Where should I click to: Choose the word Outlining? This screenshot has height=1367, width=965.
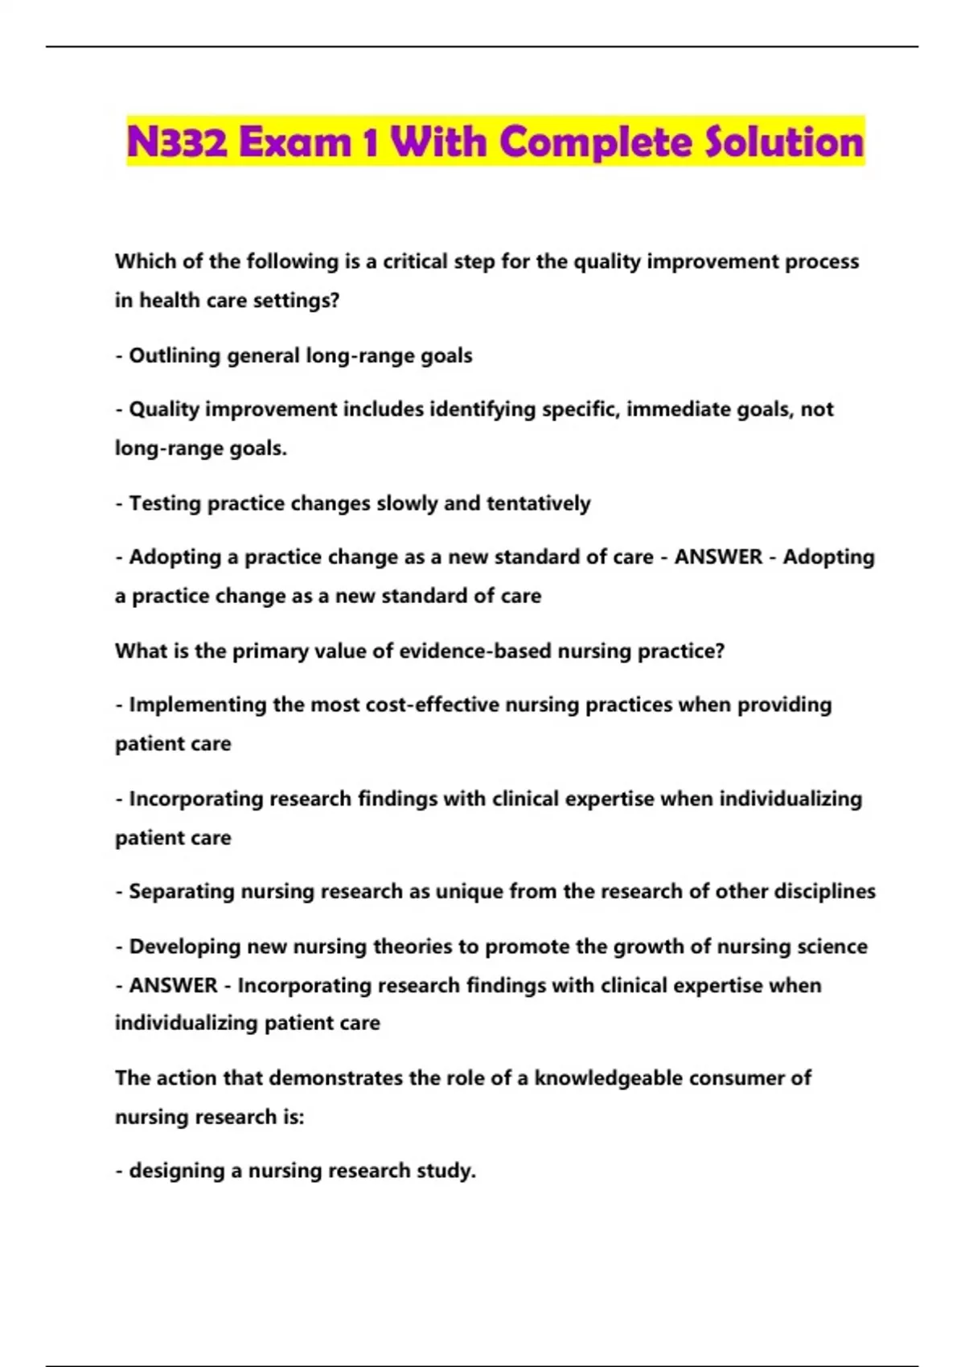[175, 355]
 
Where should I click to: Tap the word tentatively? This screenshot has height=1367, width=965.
[538, 503]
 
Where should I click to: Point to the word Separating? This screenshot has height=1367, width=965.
[182, 891]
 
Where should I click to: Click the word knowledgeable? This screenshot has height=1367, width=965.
[608, 1078]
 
